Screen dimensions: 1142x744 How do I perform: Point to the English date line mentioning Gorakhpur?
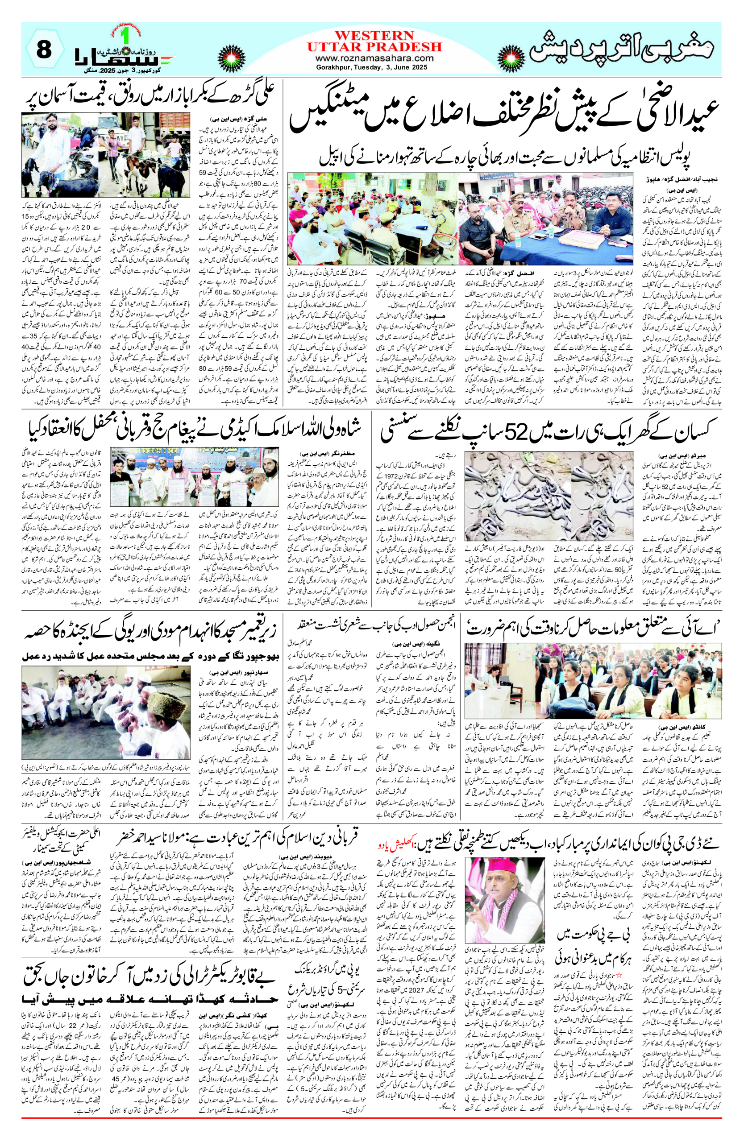coord(374,67)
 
